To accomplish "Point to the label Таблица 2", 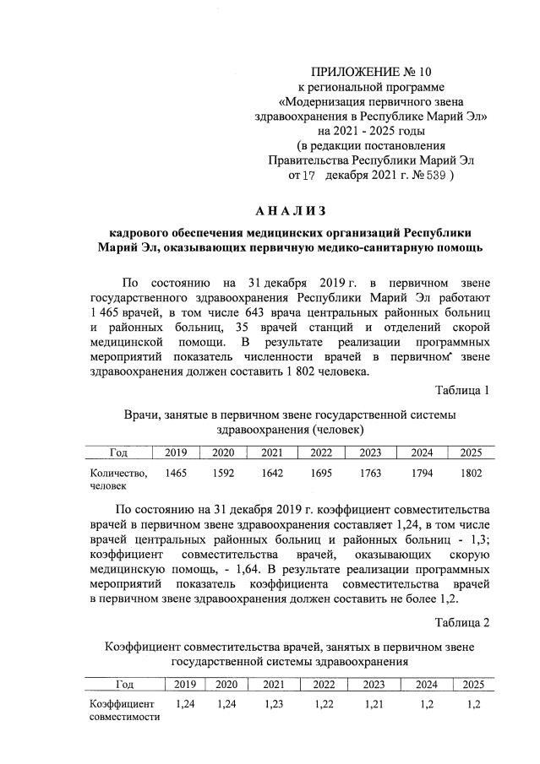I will tap(461, 622).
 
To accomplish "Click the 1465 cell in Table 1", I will tap(176, 474).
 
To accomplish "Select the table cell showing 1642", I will tap(273, 474).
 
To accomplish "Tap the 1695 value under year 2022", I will tap(321, 474).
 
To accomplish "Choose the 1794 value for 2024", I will tap(421, 474).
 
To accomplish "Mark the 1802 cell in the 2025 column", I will tap(470, 474).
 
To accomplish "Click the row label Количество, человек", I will tap(119, 480).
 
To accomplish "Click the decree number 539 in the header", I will tap(434, 176).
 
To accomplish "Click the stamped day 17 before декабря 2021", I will tap(307, 176).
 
